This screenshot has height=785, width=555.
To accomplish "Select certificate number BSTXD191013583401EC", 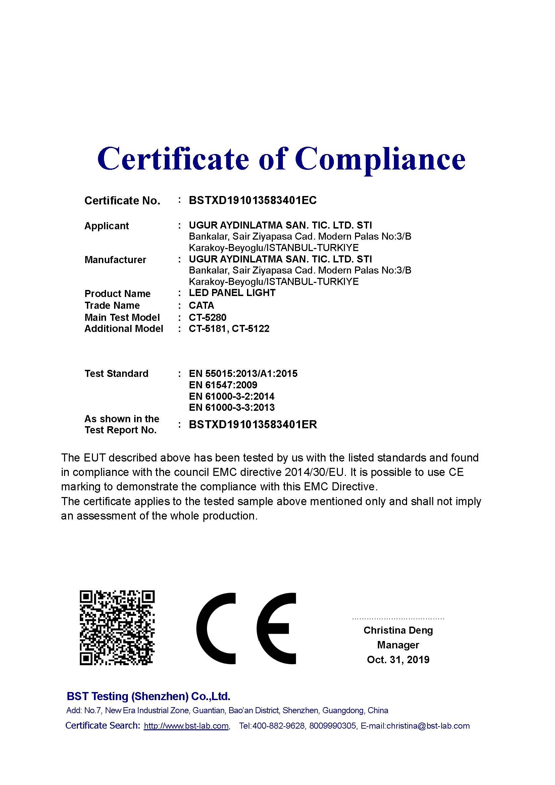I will point(253,200).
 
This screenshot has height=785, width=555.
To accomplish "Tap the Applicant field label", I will point(107,226).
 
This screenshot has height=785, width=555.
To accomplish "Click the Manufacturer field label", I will point(115,260).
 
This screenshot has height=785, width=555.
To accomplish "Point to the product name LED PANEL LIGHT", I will point(232,293).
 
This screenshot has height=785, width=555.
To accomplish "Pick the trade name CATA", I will point(201,305).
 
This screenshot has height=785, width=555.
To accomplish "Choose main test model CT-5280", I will point(207,317).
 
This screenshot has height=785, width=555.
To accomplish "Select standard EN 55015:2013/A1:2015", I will point(243,374).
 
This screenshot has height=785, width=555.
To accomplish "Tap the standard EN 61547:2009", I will point(223,385).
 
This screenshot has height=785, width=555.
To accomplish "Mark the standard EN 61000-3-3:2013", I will point(232,407).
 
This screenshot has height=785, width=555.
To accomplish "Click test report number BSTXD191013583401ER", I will point(253,425).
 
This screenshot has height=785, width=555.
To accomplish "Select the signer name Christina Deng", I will point(398,630).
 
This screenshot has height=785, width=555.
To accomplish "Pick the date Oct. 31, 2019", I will point(398,659).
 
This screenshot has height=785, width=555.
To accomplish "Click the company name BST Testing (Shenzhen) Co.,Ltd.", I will point(148,696).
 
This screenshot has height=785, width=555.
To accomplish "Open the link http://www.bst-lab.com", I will point(186,726).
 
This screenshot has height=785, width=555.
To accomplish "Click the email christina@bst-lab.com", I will point(428,726).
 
